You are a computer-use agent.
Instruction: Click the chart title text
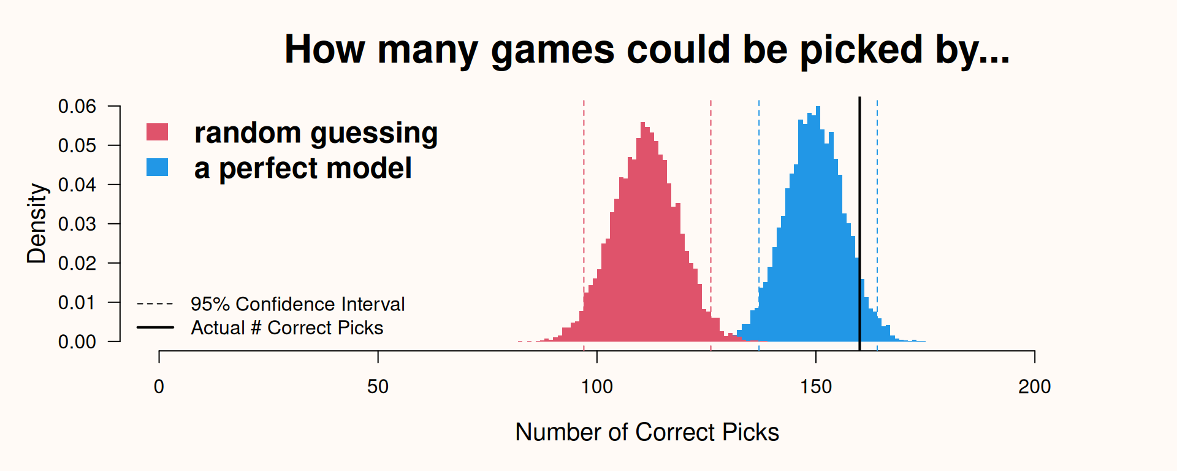pyautogui.click(x=647, y=50)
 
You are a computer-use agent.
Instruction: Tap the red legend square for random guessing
pyautogui.click(x=157, y=132)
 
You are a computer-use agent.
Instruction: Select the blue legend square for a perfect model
pyautogui.click(x=157, y=167)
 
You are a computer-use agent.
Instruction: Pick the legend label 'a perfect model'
pyautogui.click(x=303, y=169)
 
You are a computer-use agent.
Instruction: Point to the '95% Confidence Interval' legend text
pyautogui.click(x=297, y=304)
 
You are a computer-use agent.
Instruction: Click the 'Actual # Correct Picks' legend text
pyautogui.click(x=287, y=328)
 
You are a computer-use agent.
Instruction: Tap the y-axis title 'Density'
pyautogui.click(x=37, y=223)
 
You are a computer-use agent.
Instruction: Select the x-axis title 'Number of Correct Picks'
pyautogui.click(x=647, y=432)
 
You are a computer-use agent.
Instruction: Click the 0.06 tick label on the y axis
pyautogui.click(x=77, y=106)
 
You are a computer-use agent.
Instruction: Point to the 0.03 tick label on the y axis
pyautogui.click(x=77, y=224)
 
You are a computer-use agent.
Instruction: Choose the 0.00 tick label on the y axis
pyautogui.click(x=77, y=342)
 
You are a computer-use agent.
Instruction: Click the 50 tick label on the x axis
pyautogui.click(x=378, y=386)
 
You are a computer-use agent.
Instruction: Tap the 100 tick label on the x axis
pyautogui.click(x=597, y=386)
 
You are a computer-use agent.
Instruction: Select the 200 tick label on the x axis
pyautogui.click(x=1035, y=386)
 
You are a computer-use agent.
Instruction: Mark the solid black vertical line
pyautogui.click(x=859, y=224)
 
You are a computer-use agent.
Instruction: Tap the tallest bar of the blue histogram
pyautogui.click(x=818, y=224)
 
